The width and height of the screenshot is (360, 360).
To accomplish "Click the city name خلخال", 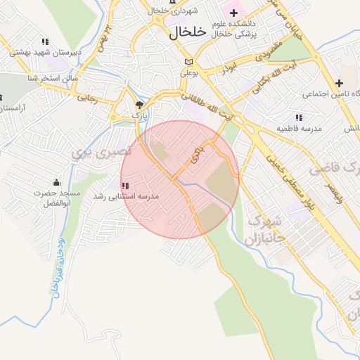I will (x=188, y=32).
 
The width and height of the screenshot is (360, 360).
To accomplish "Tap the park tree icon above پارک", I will (x=139, y=104).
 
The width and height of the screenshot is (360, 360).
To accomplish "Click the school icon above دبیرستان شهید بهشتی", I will (x=46, y=41).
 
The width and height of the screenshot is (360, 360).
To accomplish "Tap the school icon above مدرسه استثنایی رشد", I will (x=125, y=186).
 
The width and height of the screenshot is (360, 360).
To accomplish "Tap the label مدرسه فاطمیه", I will (x=299, y=129).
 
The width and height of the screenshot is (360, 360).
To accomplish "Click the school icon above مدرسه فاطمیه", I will (x=298, y=117).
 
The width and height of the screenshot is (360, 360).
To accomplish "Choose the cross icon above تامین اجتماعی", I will (x=339, y=83).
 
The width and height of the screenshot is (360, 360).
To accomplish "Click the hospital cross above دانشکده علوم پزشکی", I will (x=233, y=13).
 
